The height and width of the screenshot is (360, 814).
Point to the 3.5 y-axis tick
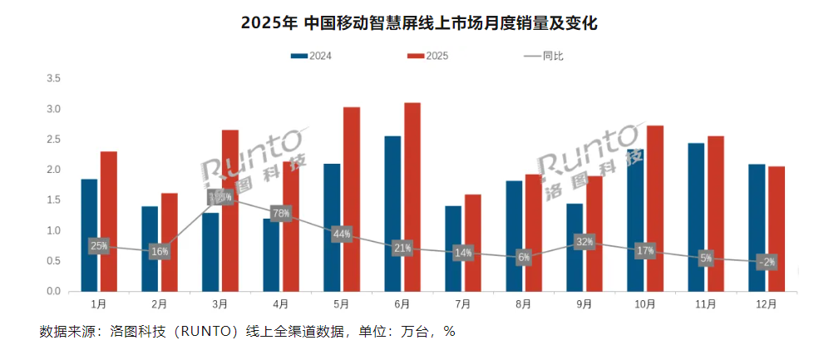(54, 79)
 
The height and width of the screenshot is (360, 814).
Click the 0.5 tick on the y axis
(54, 261)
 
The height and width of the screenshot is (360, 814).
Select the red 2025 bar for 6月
(412, 196)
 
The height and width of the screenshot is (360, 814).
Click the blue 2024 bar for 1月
(89, 234)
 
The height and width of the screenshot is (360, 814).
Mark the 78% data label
(280, 214)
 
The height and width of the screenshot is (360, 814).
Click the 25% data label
(99, 246)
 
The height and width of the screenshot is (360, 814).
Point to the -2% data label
(767, 262)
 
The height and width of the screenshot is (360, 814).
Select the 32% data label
(584, 242)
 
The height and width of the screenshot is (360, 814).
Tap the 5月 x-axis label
(341, 304)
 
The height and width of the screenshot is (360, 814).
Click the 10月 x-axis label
(645, 304)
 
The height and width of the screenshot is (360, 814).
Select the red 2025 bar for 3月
(230, 210)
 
